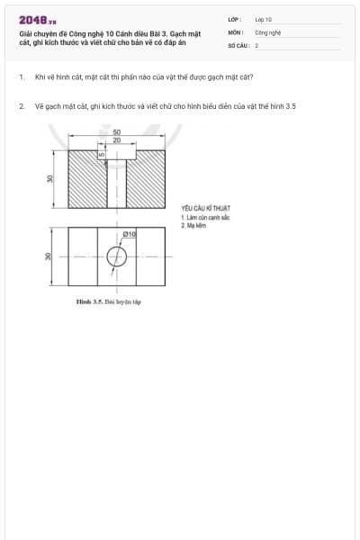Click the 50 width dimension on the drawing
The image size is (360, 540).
pyautogui.click(x=117, y=132)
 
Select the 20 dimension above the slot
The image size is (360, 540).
pyautogui.click(x=117, y=140)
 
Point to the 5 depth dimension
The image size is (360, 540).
pyautogui.click(x=103, y=154)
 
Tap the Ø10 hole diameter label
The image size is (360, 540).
pyautogui.click(x=130, y=234)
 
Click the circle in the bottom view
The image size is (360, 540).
pyautogui.click(x=117, y=257)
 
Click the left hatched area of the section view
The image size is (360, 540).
pyautogui.click(x=87, y=178)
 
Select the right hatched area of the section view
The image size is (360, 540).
pyautogui.click(x=146, y=178)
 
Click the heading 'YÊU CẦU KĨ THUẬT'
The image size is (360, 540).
pyautogui.click(x=205, y=209)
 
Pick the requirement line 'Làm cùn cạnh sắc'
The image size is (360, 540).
pyautogui.click(x=207, y=218)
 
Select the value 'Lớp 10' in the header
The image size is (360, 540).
pyautogui.click(x=263, y=19)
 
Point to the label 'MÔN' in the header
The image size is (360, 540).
pyautogui.click(x=235, y=31)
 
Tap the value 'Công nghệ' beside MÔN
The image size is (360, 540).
pyautogui.click(x=268, y=31)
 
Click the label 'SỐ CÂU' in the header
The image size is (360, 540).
pyautogui.click(x=238, y=44)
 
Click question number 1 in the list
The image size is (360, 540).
pyautogui.click(x=21, y=77)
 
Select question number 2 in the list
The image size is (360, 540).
pyautogui.click(x=21, y=106)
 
